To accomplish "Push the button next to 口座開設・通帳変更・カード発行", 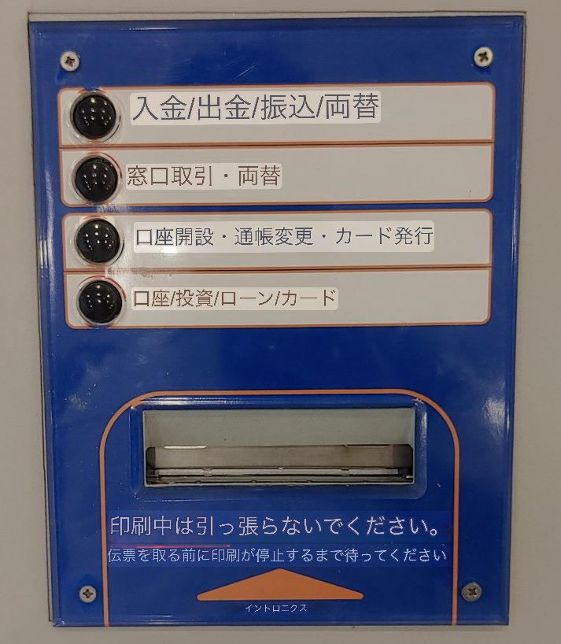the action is (x=98, y=241).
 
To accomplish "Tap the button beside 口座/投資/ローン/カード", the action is (x=100, y=302).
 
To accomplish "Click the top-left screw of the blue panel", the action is (x=70, y=61).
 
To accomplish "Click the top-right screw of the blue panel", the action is (x=483, y=56).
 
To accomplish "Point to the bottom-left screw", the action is (x=88, y=594).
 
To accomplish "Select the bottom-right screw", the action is (x=471, y=591).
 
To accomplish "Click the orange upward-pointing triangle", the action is (x=280, y=584).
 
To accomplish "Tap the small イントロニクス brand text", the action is (x=276, y=608).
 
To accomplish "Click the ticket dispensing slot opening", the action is (x=279, y=446).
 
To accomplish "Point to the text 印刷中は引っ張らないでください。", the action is (x=275, y=527).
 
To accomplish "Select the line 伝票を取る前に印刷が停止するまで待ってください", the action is (x=277, y=555).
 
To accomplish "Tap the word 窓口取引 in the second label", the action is (x=170, y=176).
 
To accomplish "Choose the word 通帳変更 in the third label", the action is (x=274, y=237).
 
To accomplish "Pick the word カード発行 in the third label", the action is (x=384, y=235).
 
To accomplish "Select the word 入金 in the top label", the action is (x=159, y=108).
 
